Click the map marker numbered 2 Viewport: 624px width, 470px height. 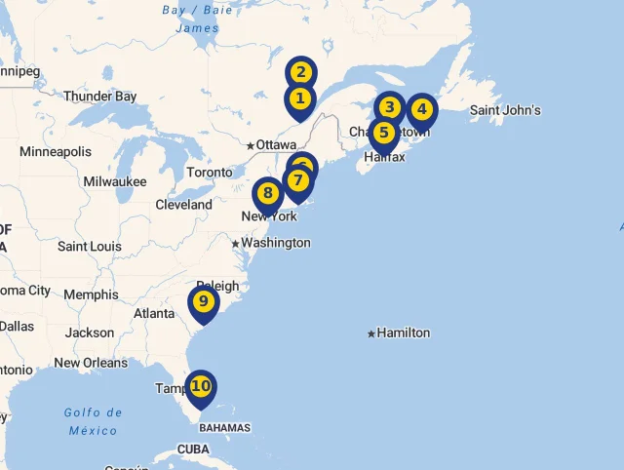pos(300,72)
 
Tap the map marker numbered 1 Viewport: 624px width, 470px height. pos(299,98)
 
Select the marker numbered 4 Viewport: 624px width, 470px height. pos(421,109)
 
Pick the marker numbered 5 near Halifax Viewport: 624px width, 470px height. pos(383,133)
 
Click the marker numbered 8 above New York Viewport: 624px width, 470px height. pos(268,193)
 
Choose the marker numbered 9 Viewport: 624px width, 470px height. pos(203,301)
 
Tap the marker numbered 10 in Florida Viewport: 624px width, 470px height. pos(201,386)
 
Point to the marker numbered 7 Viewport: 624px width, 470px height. pos(297,180)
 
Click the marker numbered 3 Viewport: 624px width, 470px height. pos(390,107)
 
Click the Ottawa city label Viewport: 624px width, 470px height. pos(276,145)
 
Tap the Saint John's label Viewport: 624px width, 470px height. pos(505,110)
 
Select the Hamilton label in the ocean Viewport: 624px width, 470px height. pos(403,333)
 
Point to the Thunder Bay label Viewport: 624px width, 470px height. pos(100,97)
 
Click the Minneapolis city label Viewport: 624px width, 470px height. pos(56,151)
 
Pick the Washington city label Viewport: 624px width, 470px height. pos(276,243)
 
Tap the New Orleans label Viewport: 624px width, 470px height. pos(91,363)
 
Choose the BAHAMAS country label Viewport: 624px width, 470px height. pos(224,428)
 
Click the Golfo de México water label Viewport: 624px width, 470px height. pos(94,421)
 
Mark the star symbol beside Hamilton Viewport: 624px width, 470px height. pos(371,333)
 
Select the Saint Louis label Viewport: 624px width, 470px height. pos(90,247)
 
